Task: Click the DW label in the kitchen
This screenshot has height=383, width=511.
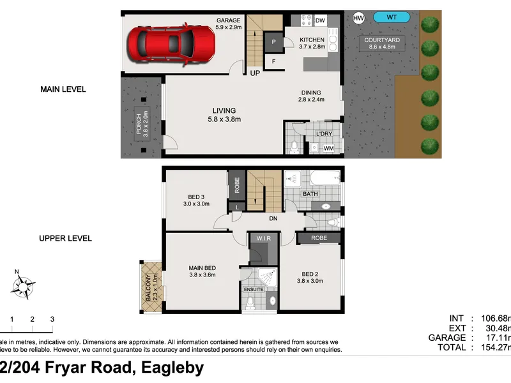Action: coord(320,21)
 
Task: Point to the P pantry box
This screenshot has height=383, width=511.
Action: coord(273,41)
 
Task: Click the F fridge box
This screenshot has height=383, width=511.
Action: coord(273,62)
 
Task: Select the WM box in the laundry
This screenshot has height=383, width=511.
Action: coord(328,148)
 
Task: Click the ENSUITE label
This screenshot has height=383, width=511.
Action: coord(254,290)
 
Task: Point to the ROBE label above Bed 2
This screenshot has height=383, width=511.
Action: coord(319,238)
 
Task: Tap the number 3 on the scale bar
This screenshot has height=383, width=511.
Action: coord(52,319)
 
